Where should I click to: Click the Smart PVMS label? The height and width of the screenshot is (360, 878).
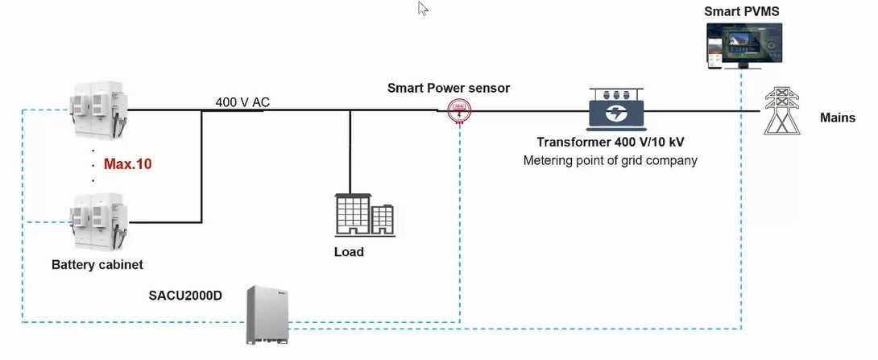pyautogui.click(x=741, y=11)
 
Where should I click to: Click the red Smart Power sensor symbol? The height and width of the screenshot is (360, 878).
pyautogui.click(x=458, y=111)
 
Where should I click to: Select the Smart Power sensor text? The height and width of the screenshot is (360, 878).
pyautogui.click(x=449, y=88)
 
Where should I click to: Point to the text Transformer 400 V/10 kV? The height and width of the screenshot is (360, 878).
pyautogui.click(x=611, y=142)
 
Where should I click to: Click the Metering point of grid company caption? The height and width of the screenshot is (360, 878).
pyautogui.click(x=611, y=161)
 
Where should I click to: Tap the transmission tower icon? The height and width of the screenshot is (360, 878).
pyautogui.click(x=781, y=110)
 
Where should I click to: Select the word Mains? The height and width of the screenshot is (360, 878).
pyautogui.click(x=838, y=118)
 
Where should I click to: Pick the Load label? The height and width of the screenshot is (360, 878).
pyautogui.click(x=349, y=252)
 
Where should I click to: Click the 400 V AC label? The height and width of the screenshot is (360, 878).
pyautogui.click(x=242, y=102)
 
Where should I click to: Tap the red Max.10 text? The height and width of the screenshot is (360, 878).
pyautogui.click(x=127, y=164)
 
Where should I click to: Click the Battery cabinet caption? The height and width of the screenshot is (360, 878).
pyautogui.click(x=97, y=264)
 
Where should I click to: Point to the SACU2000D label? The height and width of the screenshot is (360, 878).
pyautogui.click(x=185, y=295)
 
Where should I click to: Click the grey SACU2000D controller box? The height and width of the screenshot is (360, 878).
pyautogui.click(x=267, y=314)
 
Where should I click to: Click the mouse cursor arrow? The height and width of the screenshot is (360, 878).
pyautogui.click(x=423, y=8)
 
